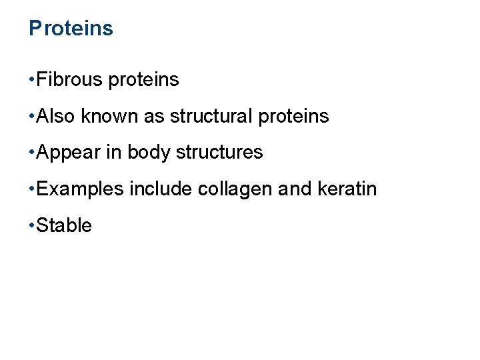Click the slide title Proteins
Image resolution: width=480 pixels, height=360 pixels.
[71, 29]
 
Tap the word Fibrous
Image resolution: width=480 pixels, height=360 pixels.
[70, 80]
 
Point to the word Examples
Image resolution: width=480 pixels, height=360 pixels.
[81, 189]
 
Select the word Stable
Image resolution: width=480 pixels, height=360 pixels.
[64, 225]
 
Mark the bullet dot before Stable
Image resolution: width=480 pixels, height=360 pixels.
[32, 226]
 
